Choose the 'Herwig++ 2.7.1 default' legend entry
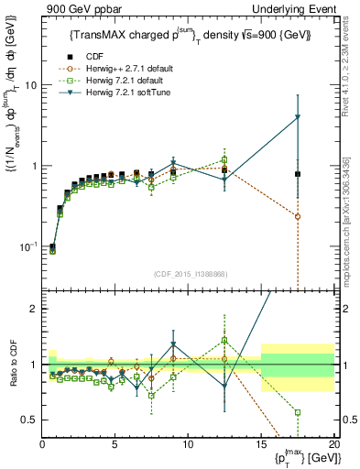pyautogui.click(x=129, y=68)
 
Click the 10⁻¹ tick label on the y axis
pyautogui.click(x=28, y=247)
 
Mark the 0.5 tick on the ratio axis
pyautogui.click(x=31, y=420)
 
